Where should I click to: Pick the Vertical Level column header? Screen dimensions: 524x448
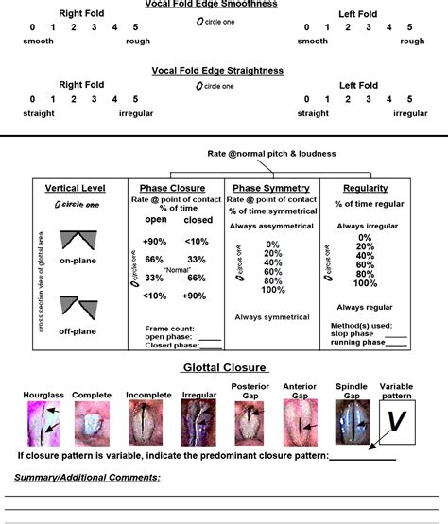point(74,188)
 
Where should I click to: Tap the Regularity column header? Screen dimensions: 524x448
point(366,188)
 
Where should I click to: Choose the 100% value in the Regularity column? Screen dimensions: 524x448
point(366,282)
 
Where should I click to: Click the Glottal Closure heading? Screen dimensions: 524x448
point(224,367)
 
